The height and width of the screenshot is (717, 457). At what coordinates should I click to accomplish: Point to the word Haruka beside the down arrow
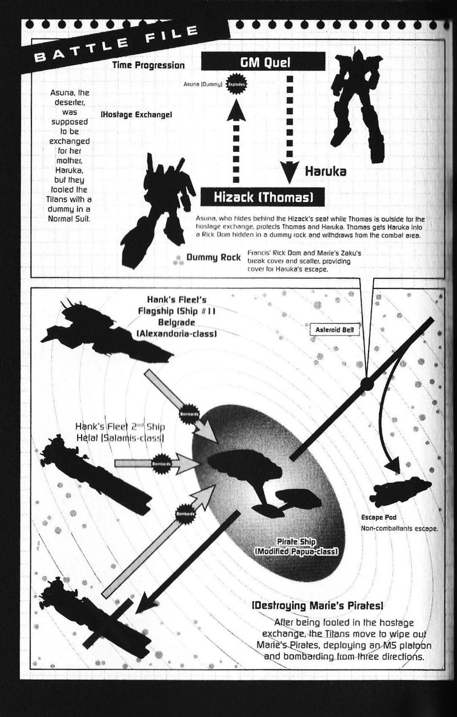[326, 170]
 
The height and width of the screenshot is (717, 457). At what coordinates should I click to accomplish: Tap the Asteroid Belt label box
[337, 330]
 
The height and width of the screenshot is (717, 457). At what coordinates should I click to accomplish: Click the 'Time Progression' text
[149, 65]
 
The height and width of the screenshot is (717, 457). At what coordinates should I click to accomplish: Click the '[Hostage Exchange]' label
[137, 115]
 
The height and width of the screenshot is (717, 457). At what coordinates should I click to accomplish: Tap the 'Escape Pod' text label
[375, 517]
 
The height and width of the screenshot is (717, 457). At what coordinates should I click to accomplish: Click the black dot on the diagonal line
[367, 386]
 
